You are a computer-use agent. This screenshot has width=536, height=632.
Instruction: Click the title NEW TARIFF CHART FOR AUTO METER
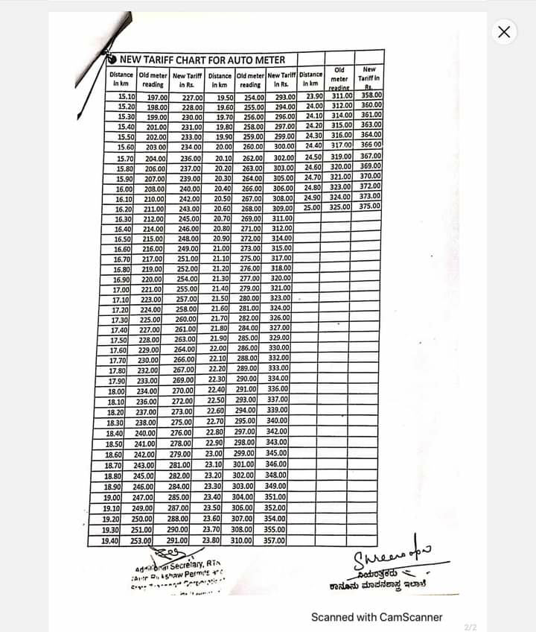pos(202,59)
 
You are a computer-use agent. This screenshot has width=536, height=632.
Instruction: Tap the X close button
pos(504,31)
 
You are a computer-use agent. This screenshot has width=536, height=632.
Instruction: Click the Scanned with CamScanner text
pos(377,617)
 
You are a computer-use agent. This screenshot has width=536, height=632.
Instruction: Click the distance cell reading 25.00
pos(312,207)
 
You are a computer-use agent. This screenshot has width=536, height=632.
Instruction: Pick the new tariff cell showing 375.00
pos(369,206)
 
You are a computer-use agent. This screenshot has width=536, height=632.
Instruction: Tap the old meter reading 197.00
pos(156,98)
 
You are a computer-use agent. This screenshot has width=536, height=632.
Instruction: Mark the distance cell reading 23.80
pos(211,539)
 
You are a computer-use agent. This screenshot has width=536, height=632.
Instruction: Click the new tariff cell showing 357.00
pos(275,540)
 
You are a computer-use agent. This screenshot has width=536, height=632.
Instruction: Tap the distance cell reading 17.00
pos(121,289)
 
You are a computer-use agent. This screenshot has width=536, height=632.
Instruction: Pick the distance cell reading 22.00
pos(217,348)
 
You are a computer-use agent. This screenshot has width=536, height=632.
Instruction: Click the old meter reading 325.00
pos(341,206)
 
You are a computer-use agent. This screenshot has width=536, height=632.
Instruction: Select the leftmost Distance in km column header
pos(121,79)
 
